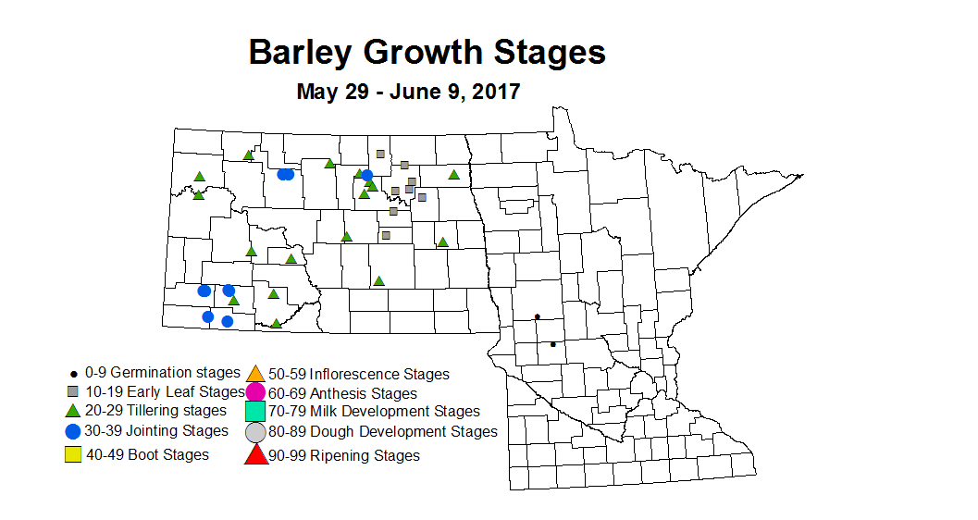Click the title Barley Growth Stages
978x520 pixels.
coord(427,52)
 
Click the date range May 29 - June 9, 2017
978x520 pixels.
coord(408,92)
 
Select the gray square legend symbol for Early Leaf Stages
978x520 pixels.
coord(72,391)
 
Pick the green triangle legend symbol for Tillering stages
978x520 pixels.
coord(72,411)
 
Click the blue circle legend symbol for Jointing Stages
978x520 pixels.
coord(72,431)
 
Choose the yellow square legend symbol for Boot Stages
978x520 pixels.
coord(72,454)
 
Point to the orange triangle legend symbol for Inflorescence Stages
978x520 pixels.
coord(256,374)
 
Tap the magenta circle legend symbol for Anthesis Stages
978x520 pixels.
coord(256,392)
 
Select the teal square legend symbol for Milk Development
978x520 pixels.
coord(256,411)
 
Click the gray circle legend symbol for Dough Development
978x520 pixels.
coord(256,431)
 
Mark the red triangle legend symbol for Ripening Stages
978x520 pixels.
coord(256,454)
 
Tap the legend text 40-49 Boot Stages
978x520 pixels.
coord(147,454)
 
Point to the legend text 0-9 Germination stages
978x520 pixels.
coord(162,372)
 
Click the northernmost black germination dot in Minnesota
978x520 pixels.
coord(537,316)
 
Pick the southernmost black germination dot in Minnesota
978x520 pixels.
coord(553,344)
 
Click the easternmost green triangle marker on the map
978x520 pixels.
coord(453,174)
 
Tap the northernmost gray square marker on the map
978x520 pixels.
coord(379,154)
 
